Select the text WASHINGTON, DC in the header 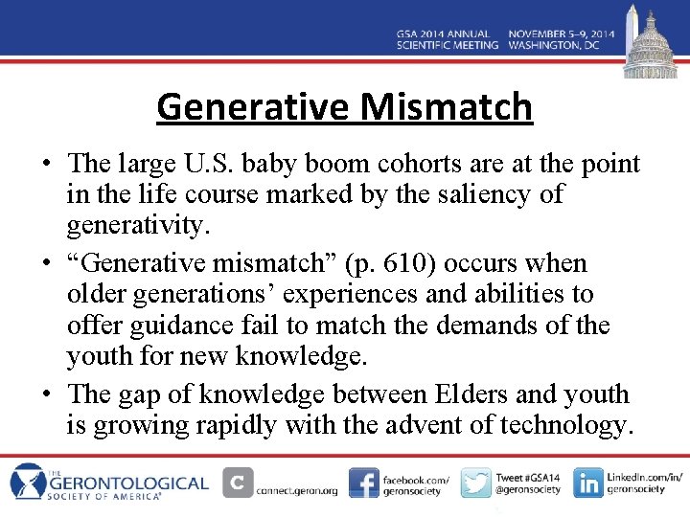pos(561,45)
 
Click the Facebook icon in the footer pos(363,483)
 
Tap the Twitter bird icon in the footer pos(475,483)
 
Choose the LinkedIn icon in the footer pos(588,483)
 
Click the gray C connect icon pos(238,483)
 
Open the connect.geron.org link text pos(297,490)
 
